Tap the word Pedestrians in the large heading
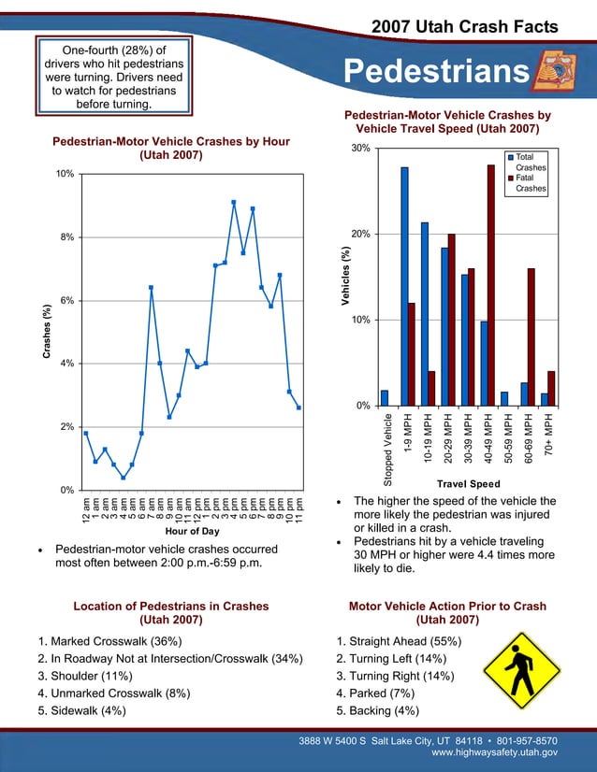435,70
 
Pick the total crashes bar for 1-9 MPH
404,286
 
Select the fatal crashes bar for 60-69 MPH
531,336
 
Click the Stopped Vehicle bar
385,397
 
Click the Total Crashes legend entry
525,163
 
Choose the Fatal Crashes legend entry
525,183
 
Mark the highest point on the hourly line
234,202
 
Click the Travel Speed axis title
468,483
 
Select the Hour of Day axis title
191,531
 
